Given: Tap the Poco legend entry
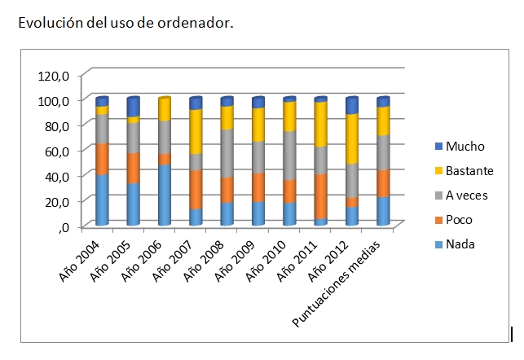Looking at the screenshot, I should [x=459, y=220].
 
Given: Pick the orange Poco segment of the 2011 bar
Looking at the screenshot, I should [x=320, y=196].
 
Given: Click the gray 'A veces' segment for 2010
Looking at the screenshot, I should [x=289, y=155].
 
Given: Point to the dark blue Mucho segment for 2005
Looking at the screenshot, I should [x=133, y=107].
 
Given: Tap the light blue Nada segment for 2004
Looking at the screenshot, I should [x=102, y=200].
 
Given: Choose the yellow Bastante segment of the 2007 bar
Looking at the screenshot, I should [x=196, y=130].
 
